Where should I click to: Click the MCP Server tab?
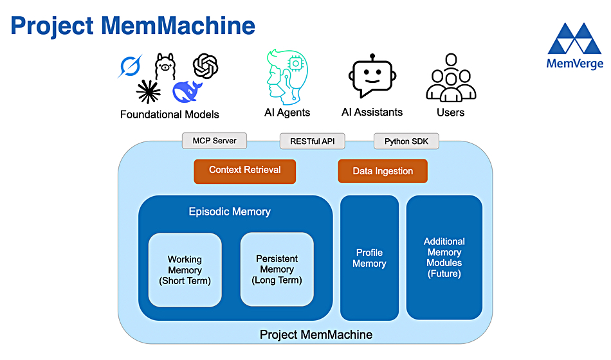214,141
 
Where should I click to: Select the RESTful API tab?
312,141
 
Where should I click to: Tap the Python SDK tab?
406,141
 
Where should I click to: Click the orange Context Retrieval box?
244,172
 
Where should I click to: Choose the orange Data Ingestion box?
383,171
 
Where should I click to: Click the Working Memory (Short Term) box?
185,270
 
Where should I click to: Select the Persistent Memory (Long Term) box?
277,269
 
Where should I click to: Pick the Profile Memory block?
369,258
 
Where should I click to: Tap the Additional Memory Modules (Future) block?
444,258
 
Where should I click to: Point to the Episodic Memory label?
230,212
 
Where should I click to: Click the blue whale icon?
187,91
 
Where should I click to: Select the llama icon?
165,66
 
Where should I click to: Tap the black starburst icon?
148,92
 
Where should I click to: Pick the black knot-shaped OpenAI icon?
205,66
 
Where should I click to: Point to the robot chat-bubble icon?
372,76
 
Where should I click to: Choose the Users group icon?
451,78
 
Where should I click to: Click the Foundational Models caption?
170,114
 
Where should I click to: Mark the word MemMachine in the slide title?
178,26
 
